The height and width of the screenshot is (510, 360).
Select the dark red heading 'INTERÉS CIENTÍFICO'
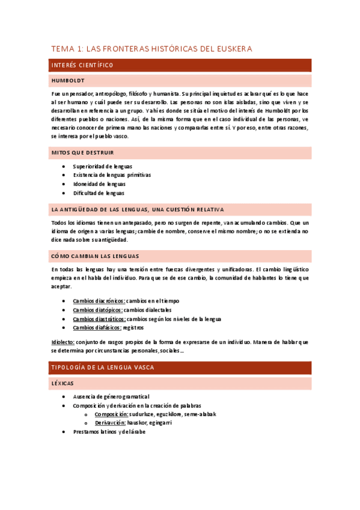[82, 65]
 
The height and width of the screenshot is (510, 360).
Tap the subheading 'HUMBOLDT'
[68, 80]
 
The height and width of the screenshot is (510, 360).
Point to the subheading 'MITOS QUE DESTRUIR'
[83, 153]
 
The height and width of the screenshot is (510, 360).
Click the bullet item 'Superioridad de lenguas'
[103, 166]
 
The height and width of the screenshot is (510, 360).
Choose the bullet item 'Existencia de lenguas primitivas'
[112, 175]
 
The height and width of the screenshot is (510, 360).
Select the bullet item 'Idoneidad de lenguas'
[99, 184]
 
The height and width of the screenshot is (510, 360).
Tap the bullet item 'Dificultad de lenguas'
[99, 193]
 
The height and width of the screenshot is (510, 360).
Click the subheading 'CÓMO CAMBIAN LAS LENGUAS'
[96, 255]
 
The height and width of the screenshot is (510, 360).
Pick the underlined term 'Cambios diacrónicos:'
[99, 301]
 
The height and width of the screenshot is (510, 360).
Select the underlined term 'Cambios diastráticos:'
[99, 319]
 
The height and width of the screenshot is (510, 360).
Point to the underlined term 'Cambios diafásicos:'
[97, 328]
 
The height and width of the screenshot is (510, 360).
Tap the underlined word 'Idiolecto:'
[63, 342]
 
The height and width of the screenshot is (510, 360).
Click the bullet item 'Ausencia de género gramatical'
[111, 397]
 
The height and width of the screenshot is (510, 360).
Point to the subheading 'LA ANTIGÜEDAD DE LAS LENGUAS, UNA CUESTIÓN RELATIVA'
[138, 209]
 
